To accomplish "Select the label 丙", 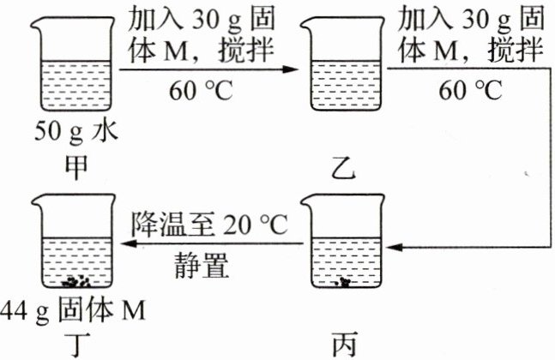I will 341,343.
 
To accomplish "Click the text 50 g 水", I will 75,133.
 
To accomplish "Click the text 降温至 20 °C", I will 213,225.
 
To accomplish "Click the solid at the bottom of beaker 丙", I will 344,281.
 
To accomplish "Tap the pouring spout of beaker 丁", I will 36,202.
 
